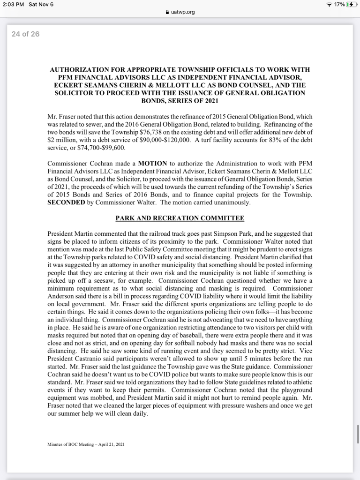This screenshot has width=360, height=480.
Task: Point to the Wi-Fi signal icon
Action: coord(330,4)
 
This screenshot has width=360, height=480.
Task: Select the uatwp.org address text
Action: coord(183,12)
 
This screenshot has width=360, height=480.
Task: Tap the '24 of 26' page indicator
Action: coord(25,34)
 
